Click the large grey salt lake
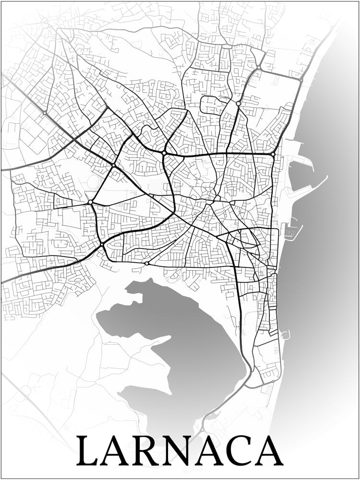point(192,346)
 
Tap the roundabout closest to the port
point(273,155)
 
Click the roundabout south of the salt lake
point(203,429)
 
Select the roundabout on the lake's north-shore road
point(146,264)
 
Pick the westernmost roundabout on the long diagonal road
point(45,113)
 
